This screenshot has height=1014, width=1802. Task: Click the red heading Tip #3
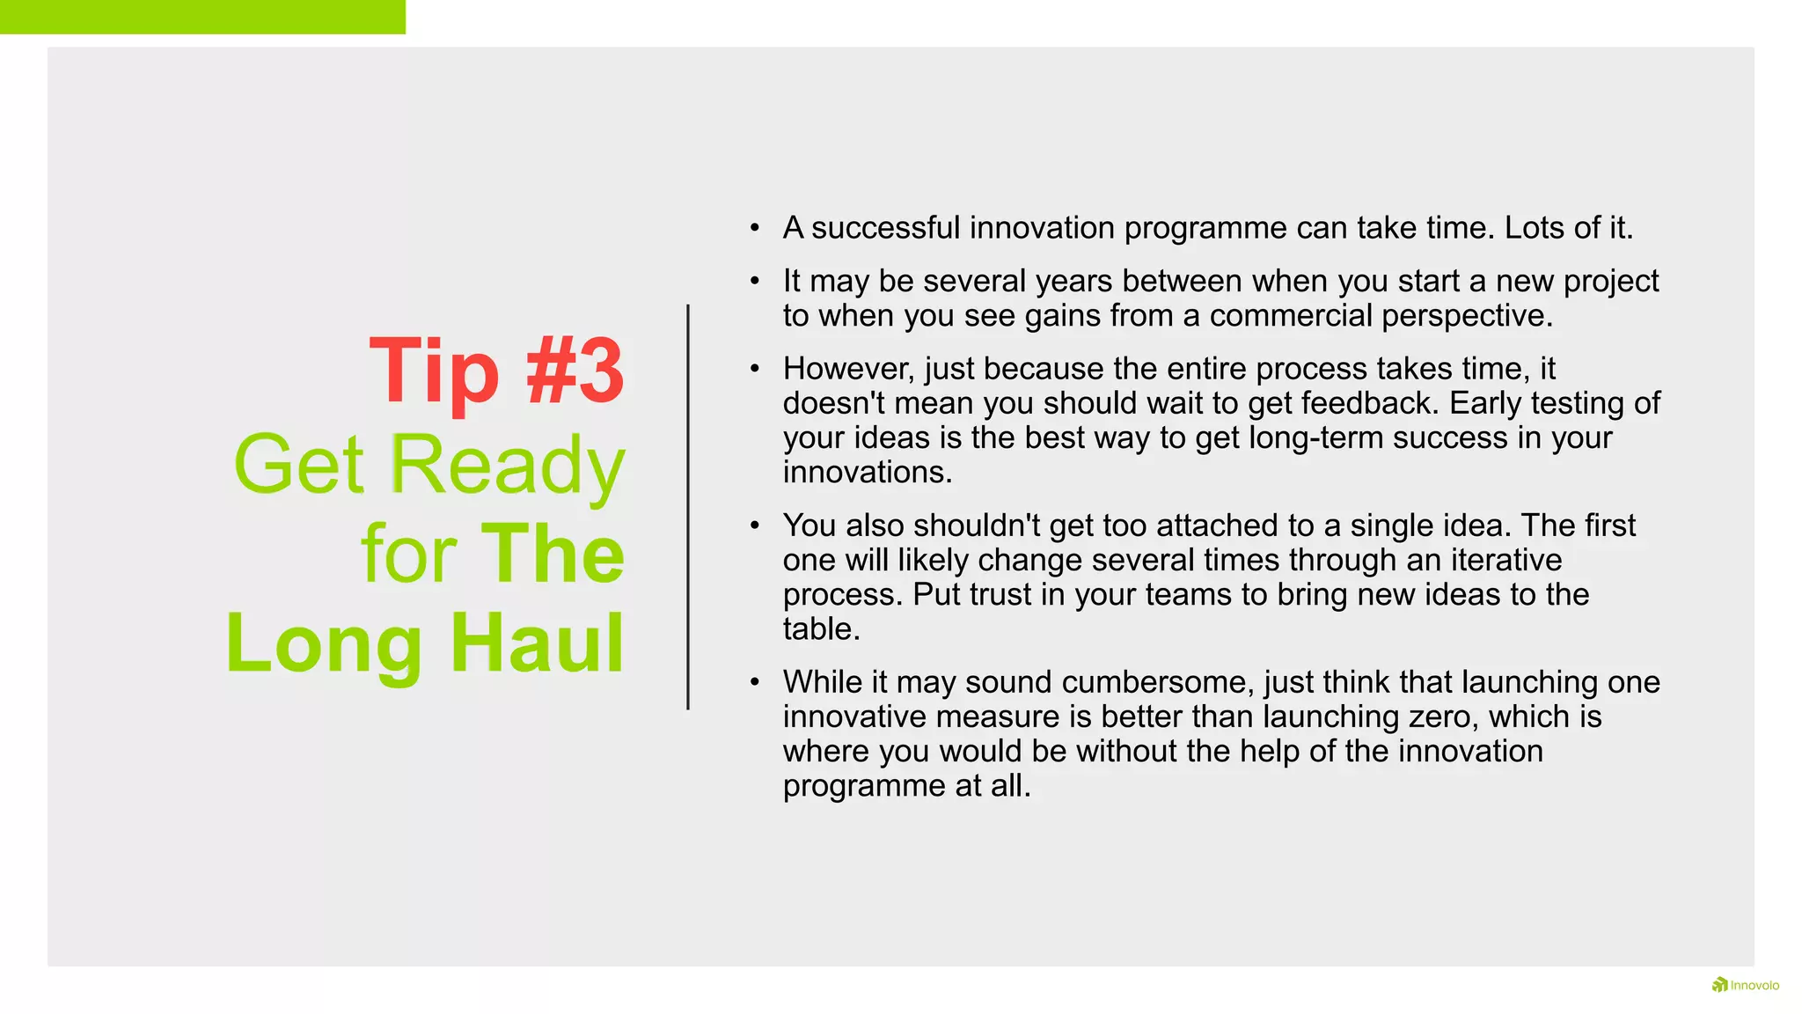point(496,371)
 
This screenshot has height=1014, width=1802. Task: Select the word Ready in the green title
point(507,465)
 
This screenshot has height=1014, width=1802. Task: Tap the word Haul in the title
point(537,643)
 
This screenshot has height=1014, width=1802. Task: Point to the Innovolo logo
point(1746,985)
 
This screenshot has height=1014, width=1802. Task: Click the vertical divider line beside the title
point(688,506)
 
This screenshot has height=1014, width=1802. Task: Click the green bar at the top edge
point(202,17)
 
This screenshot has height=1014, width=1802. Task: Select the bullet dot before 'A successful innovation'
point(754,228)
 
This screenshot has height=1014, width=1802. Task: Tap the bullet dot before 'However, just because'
point(754,369)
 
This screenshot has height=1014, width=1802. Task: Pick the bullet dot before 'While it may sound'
point(754,682)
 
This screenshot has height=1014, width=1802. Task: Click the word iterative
point(1506,560)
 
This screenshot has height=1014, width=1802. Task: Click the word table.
point(821,629)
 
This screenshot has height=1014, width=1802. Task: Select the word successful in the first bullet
point(885,228)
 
